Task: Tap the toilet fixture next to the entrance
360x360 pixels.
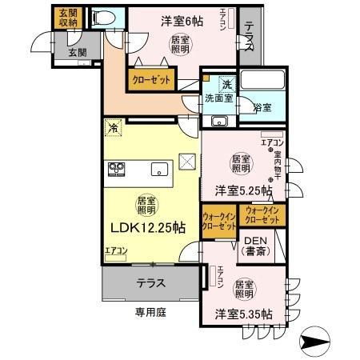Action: click(102, 18)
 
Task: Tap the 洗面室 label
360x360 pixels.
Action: click(218, 99)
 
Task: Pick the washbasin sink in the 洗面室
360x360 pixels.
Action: click(218, 122)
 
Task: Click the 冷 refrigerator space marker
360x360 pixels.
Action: click(114, 127)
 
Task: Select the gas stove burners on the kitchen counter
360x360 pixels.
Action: click(115, 169)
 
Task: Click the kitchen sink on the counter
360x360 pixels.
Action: click(158, 169)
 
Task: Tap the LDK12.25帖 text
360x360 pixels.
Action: click(148, 226)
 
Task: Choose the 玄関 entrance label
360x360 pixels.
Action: click(78, 53)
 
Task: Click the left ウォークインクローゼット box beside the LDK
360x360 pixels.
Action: click(218, 221)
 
